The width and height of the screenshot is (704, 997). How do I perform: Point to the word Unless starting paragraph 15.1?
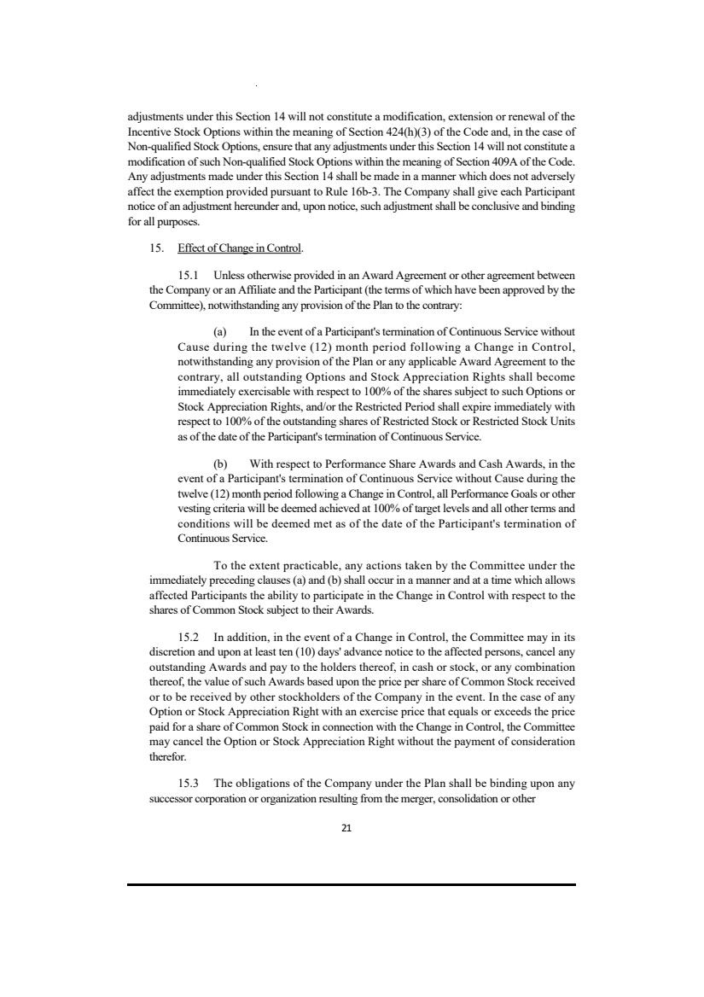230,275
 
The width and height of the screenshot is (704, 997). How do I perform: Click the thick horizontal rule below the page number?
352,884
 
